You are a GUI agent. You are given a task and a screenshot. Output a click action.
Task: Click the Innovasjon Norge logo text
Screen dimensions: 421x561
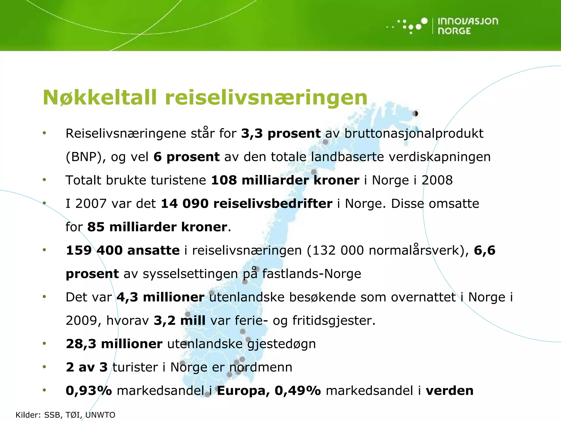(x=468, y=26)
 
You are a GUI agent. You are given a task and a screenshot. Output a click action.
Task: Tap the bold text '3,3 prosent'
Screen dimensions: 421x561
(x=281, y=133)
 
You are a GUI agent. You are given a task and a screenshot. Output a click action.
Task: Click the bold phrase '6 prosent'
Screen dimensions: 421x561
(x=186, y=157)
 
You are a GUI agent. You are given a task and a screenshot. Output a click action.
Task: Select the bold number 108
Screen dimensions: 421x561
(x=224, y=180)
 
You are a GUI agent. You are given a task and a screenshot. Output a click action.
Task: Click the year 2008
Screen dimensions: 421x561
(x=437, y=180)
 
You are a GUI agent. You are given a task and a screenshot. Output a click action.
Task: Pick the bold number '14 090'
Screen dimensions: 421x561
(x=185, y=204)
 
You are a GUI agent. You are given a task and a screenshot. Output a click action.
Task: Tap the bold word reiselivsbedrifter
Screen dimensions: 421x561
(x=273, y=204)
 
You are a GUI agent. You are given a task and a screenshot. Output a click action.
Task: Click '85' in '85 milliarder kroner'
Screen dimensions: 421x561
(x=96, y=227)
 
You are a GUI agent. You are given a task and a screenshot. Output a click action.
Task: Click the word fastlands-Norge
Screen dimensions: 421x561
(x=312, y=274)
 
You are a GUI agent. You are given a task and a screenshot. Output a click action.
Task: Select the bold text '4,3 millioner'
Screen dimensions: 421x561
(x=161, y=297)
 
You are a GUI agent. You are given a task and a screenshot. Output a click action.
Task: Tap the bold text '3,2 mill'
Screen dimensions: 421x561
(x=180, y=320)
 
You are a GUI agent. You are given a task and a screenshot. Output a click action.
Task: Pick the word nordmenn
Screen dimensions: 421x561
(x=261, y=367)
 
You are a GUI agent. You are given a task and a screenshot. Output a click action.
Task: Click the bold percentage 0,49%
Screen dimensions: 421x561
(x=297, y=391)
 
